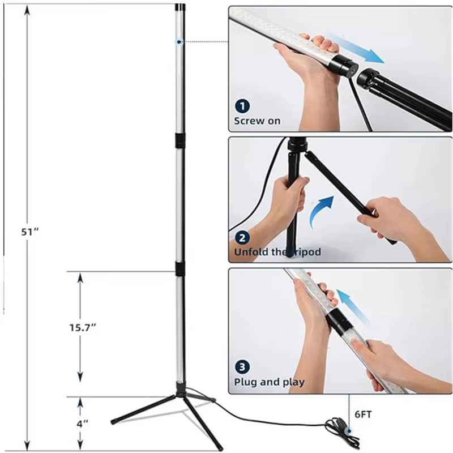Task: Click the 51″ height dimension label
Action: tap(30, 232)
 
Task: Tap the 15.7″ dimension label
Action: tap(83, 328)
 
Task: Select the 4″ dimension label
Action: tap(82, 424)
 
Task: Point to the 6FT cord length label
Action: tap(363, 414)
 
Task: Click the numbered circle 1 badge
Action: tap(242, 106)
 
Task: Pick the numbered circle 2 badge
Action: tap(242, 238)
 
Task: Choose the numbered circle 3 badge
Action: tap(242, 367)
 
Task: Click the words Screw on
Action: tap(257, 121)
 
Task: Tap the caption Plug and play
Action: tap(270, 382)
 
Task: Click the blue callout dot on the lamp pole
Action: tap(179, 42)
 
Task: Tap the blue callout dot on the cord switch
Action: tap(349, 431)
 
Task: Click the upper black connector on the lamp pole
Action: tap(180, 140)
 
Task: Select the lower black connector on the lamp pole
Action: tap(180, 268)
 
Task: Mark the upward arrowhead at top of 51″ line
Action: tap(27, 10)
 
